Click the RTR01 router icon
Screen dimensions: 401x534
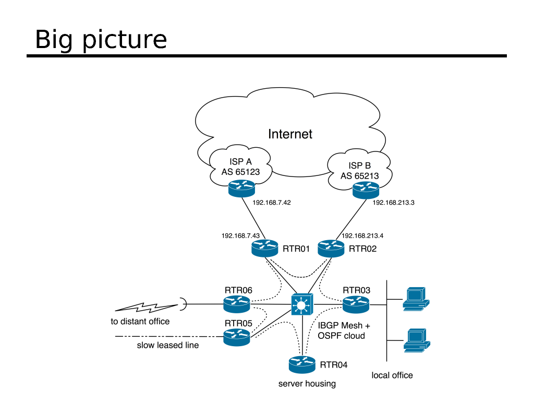(264, 247)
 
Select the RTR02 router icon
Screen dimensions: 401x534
(331, 247)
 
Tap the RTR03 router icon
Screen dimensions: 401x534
(356, 303)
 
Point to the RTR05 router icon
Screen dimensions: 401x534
(237, 336)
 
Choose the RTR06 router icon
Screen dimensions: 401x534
(237, 303)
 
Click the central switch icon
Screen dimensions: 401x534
(302, 304)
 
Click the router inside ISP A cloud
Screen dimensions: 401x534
(241, 188)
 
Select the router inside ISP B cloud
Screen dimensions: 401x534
(365, 190)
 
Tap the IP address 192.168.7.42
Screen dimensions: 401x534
(271, 203)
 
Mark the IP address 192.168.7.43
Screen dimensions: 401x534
(240, 236)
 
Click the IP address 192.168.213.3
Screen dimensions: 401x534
(393, 203)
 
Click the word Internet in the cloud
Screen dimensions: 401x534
(290, 134)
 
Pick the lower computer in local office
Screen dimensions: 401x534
(416, 340)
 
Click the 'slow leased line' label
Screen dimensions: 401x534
(167, 345)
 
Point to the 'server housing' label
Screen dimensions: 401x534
(307, 384)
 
